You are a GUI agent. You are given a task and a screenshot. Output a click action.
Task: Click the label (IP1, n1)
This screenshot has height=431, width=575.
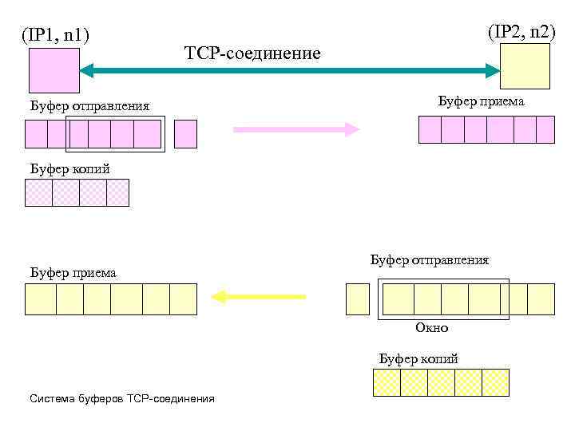(x=55, y=35)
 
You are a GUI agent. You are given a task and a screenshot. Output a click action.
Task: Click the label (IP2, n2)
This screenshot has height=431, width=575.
(x=521, y=32)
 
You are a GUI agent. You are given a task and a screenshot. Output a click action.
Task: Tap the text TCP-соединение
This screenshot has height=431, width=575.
(x=252, y=53)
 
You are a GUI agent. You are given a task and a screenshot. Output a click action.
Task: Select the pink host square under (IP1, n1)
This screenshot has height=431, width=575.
(x=54, y=71)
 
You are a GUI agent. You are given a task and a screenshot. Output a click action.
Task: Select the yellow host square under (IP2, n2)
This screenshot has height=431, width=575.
(x=525, y=65)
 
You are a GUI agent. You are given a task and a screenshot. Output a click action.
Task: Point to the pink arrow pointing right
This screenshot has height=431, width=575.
(x=296, y=129)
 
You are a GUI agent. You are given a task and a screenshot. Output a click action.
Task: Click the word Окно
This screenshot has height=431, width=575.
(x=432, y=328)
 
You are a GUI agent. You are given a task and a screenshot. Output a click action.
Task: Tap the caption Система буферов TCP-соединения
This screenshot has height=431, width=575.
(x=121, y=397)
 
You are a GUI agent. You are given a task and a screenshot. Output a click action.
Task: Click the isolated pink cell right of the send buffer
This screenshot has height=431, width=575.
(x=185, y=134)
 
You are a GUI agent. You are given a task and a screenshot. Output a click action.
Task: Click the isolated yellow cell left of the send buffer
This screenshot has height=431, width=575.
(x=358, y=299)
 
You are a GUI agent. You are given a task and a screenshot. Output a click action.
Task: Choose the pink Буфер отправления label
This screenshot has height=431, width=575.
(x=89, y=106)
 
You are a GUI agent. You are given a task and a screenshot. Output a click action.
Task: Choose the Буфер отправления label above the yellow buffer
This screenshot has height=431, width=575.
(x=429, y=260)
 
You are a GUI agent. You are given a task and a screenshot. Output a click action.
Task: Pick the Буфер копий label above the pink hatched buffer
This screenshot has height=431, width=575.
(x=69, y=168)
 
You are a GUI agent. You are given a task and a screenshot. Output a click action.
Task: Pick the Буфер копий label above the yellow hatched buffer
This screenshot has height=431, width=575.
(x=418, y=358)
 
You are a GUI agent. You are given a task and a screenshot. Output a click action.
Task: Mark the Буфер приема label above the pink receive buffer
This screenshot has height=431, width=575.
(x=481, y=101)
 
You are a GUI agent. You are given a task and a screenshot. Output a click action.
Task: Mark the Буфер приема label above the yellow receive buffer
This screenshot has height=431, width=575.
(x=73, y=273)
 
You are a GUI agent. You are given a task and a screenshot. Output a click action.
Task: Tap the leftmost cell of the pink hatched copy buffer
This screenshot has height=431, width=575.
(x=39, y=192)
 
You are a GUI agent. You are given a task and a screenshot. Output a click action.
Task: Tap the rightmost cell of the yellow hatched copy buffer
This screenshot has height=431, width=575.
(x=495, y=382)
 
